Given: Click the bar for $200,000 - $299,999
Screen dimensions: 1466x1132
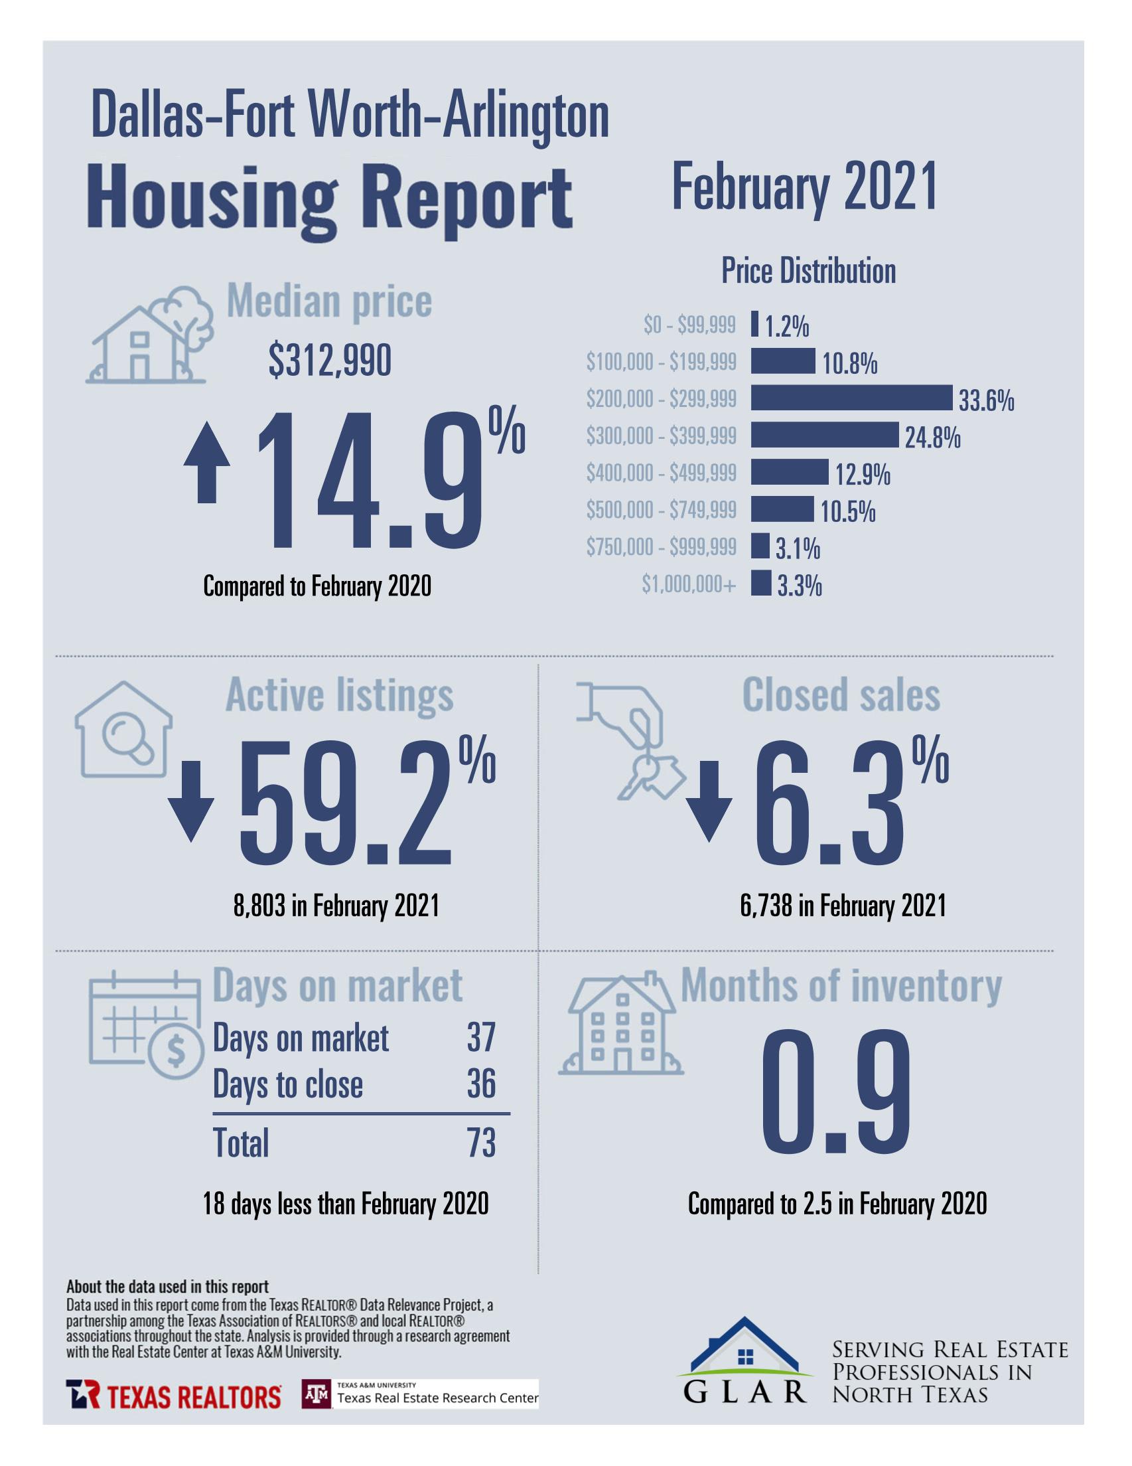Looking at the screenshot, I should point(851,398).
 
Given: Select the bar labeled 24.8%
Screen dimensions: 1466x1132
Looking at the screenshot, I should point(824,435).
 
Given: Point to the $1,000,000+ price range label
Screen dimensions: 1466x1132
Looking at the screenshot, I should point(689,585).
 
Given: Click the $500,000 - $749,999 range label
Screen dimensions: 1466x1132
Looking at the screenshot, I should point(661,510).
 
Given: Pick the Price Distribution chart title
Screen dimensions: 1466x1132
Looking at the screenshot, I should point(808,271).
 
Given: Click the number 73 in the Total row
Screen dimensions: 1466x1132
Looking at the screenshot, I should point(481,1143).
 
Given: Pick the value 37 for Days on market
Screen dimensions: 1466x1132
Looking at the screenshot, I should point(481,1038).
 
